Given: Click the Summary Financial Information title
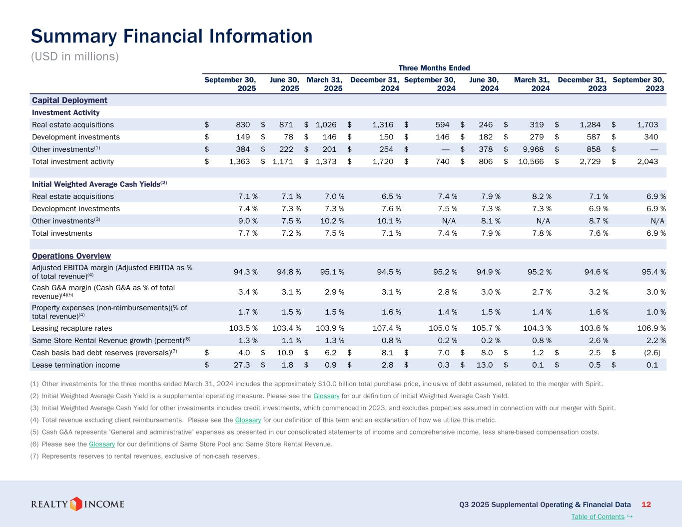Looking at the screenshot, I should coord(171,36).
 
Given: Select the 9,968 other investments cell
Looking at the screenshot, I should coord(533,149).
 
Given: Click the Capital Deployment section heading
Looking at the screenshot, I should coord(69,100).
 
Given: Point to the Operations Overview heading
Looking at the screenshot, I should coord(71,256).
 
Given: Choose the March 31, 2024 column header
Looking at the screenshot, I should coord(532,84).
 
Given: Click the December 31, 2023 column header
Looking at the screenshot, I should coord(582,84).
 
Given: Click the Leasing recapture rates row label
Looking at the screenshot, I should coord(72,328).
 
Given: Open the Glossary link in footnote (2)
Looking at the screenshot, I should coord(330,396).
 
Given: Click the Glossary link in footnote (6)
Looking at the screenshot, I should coord(102,444).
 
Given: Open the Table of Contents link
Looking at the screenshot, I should coord(598,517).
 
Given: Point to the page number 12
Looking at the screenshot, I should coord(646,505).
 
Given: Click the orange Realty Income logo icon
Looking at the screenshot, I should coord(76,504).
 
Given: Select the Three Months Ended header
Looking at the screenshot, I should coord(434,68).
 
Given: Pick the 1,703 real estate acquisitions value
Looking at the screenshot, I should coord(648,125).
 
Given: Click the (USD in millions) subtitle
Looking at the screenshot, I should coord(75,56).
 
